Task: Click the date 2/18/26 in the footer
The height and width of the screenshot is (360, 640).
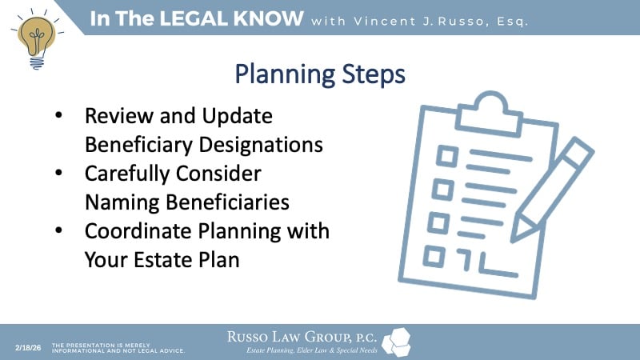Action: point(28,348)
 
